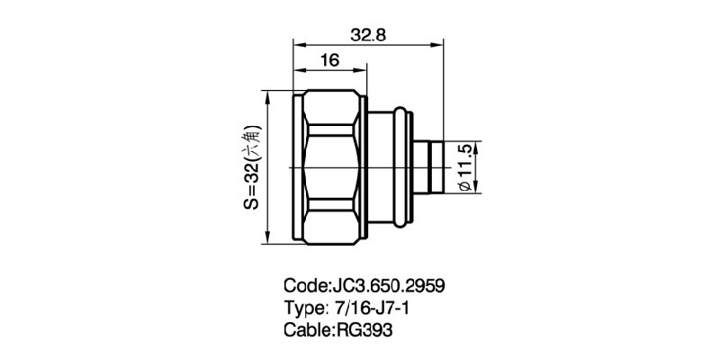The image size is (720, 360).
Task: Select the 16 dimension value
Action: point(328,61)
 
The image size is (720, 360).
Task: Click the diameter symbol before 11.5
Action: point(465,185)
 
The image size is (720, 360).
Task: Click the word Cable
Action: point(308,329)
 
